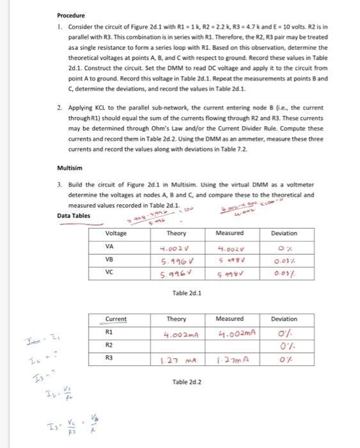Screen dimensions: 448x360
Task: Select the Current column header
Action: (x=116, y=319)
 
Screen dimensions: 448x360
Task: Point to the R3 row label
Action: (x=109, y=358)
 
